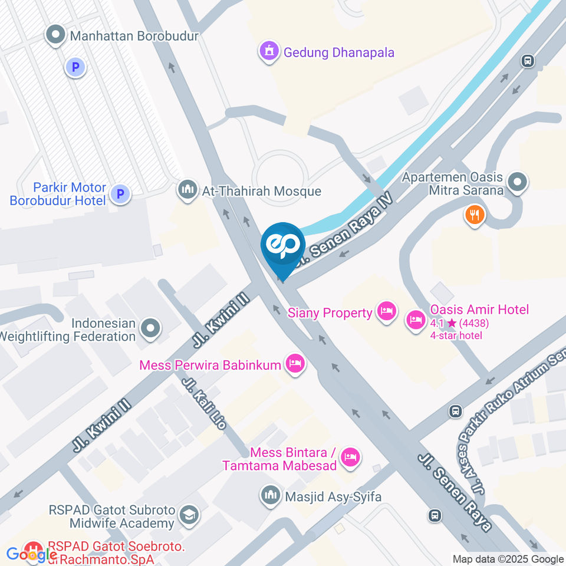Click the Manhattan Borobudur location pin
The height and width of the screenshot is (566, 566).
pyautogui.click(x=56, y=36)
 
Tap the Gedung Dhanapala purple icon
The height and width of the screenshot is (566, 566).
pyautogui.click(x=268, y=52)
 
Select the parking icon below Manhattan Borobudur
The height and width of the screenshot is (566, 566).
pyautogui.click(x=75, y=68)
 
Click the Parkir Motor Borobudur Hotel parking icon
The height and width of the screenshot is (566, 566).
pyautogui.click(x=120, y=193)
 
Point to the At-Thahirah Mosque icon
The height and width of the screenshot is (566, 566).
pyautogui.click(x=188, y=190)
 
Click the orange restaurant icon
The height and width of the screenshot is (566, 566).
pyautogui.click(x=475, y=215)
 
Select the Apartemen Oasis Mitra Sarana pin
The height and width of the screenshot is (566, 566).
pyautogui.click(x=517, y=183)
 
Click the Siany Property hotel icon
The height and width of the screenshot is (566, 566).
pyautogui.click(x=387, y=311)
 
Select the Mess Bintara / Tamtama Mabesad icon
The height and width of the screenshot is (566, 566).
pyautogui.click(x=351, y=457)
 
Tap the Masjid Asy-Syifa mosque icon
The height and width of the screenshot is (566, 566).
pyautogui.click(x=271, y=495)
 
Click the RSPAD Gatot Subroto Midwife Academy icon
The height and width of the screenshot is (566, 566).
pyautogui.click(x=189, y=515)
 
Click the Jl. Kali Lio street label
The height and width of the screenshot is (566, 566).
pyautogui.click(x=203, y=404)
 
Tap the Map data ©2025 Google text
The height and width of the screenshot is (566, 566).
pyautogui.click(x=508, y=559)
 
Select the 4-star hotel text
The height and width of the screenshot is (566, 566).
pyautogui.click(x=456, y=335)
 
